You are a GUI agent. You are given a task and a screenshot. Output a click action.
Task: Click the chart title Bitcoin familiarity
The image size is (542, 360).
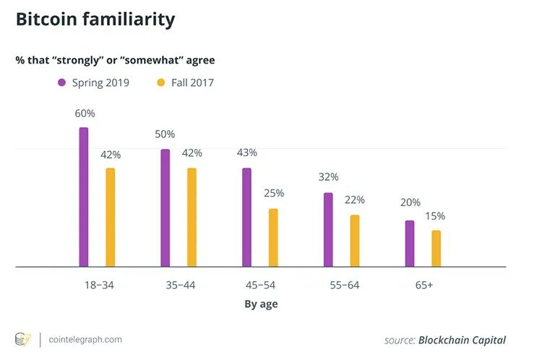[95, 20]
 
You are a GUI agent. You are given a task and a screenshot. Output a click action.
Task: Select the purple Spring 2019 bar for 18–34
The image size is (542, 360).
[84, 197]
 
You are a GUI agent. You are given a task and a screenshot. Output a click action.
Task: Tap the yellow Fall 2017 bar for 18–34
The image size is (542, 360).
[111, 218]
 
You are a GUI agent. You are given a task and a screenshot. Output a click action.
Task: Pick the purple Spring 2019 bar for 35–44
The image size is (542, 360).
[165, 208]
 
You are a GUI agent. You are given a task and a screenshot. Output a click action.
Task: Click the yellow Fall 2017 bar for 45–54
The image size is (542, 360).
[273, 238]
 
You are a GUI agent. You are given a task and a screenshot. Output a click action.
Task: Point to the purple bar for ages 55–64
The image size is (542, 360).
[328, 230]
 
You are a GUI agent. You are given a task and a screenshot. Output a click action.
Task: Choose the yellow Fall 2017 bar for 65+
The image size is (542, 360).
[436, 249]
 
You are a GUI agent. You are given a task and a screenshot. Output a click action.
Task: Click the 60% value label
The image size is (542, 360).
[85, 113]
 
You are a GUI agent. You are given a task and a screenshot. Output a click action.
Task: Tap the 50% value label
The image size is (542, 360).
[165, 134]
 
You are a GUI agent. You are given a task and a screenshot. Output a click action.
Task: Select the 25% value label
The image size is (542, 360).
[274, 193]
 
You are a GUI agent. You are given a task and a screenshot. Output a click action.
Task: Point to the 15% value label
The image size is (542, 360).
[435, 215]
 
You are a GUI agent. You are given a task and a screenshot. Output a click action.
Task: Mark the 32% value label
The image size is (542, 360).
[329, 177]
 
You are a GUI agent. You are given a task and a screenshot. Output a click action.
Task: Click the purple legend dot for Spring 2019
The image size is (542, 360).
[62, 82]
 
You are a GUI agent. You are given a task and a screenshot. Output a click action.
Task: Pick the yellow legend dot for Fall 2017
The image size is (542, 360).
[160, 82]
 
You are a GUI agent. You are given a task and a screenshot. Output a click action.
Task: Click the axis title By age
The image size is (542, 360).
[261, 304]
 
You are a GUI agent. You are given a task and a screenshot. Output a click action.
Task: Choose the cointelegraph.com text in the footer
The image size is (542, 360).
[85, 339]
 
